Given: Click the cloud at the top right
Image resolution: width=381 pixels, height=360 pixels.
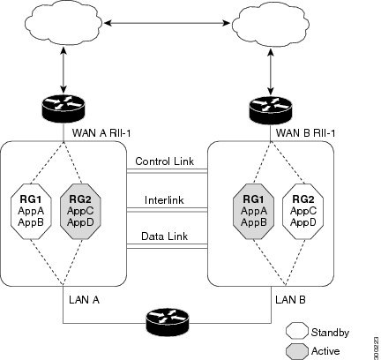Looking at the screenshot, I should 269,24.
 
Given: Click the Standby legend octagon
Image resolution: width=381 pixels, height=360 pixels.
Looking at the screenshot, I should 296,332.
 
